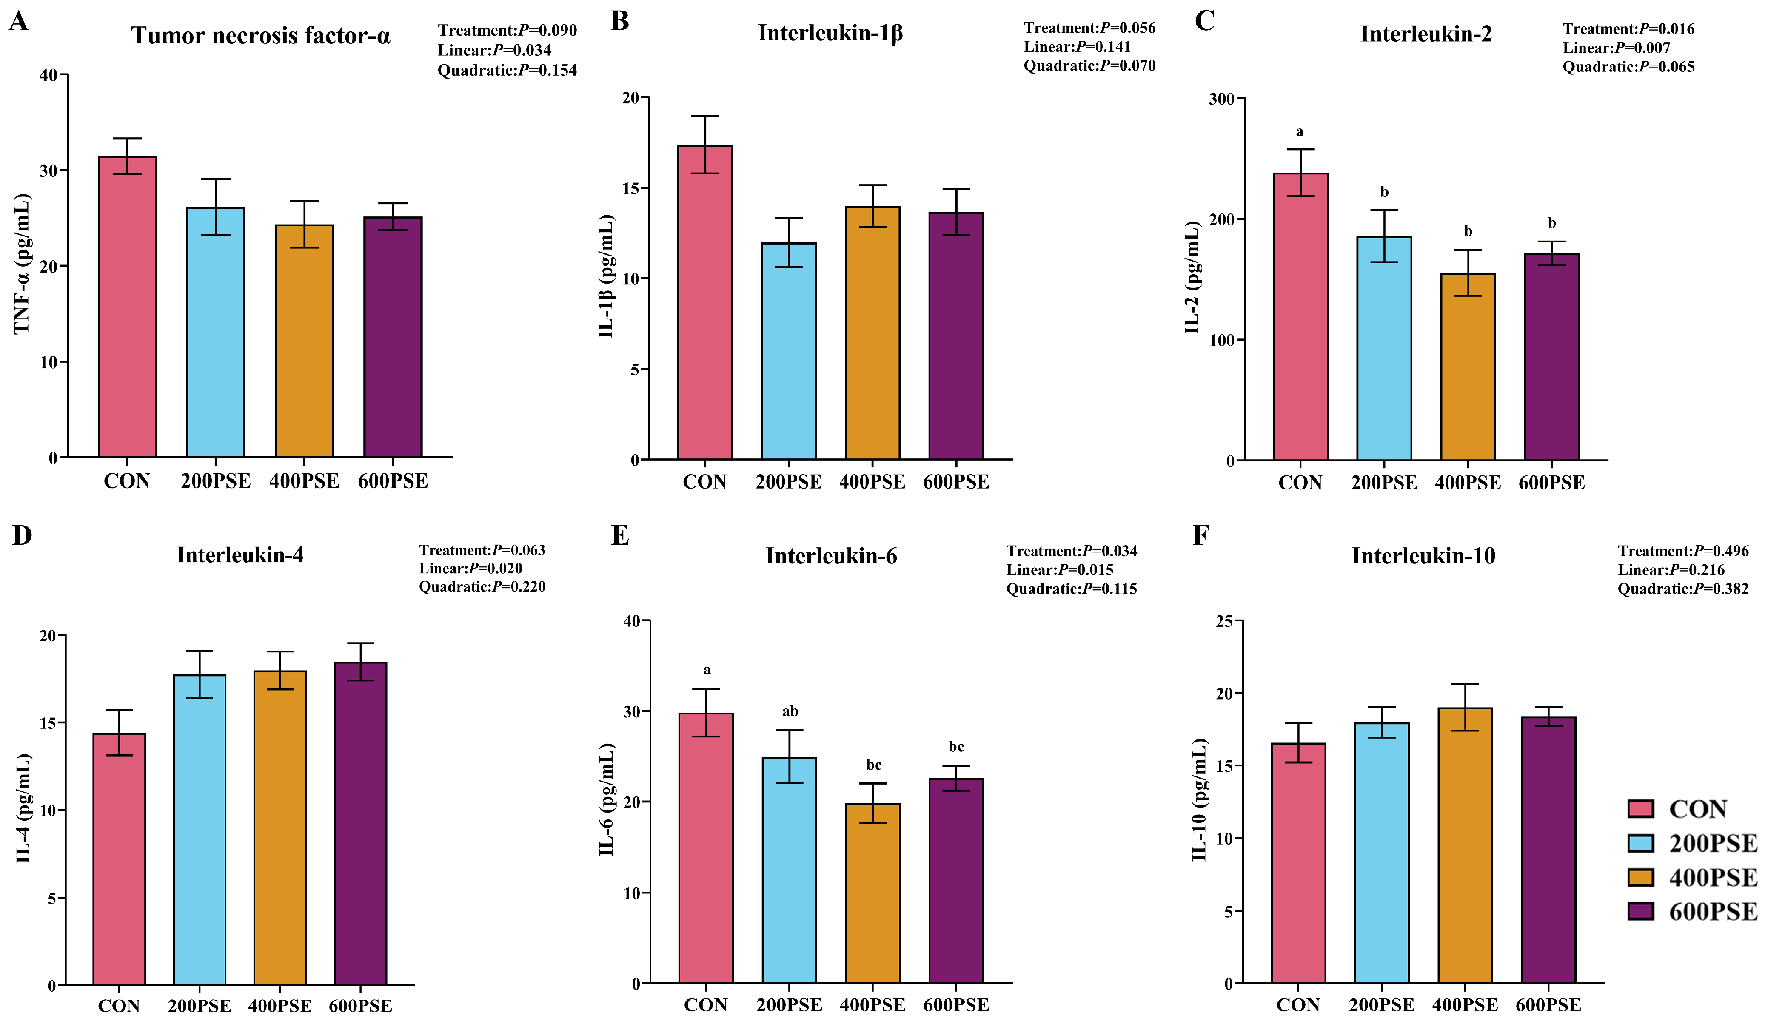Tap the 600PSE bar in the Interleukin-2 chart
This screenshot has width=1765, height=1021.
[1551, 357]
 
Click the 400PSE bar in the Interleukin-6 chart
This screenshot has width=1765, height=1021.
[873, 893]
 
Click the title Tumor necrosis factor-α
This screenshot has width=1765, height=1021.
[260, 35]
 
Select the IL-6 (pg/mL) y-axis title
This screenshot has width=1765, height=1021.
[607, 800]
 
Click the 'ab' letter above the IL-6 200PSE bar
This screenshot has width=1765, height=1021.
[790, 711]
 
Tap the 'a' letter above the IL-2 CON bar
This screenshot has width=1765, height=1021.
[1300, 132]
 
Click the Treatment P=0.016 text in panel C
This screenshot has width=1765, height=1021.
[1628, 29]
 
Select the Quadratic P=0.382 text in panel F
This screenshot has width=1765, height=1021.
[1682, 589]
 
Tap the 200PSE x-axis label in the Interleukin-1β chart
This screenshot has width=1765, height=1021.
[789, 483]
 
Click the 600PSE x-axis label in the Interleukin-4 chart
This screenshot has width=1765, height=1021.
[361, 1006]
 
